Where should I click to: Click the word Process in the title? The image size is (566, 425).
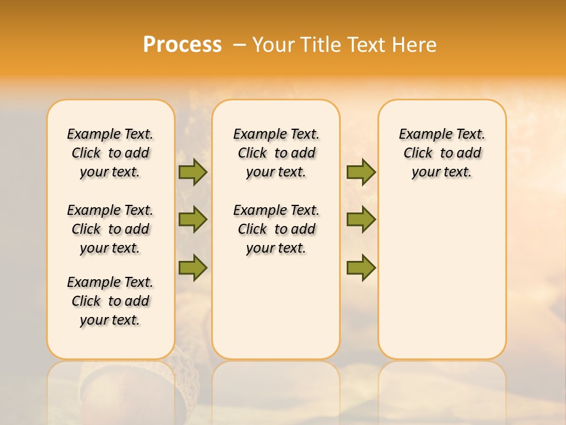182,44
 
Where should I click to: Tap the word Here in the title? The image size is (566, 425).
414,45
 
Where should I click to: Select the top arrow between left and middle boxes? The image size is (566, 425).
192,172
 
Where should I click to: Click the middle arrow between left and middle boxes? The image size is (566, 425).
192,220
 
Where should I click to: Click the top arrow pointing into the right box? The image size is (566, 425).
361,172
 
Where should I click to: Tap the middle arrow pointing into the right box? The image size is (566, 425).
361,220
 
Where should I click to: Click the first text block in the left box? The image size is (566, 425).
110,153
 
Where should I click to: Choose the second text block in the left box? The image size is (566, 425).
110,229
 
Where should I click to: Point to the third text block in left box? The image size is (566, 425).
110,301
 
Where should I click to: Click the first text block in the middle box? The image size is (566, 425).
276,153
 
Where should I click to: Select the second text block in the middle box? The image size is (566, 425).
276,229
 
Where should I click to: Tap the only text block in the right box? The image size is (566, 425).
442,153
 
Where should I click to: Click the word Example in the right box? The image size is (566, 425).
420,135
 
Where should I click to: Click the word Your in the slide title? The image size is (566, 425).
273,45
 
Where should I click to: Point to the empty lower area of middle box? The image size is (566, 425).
276,307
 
